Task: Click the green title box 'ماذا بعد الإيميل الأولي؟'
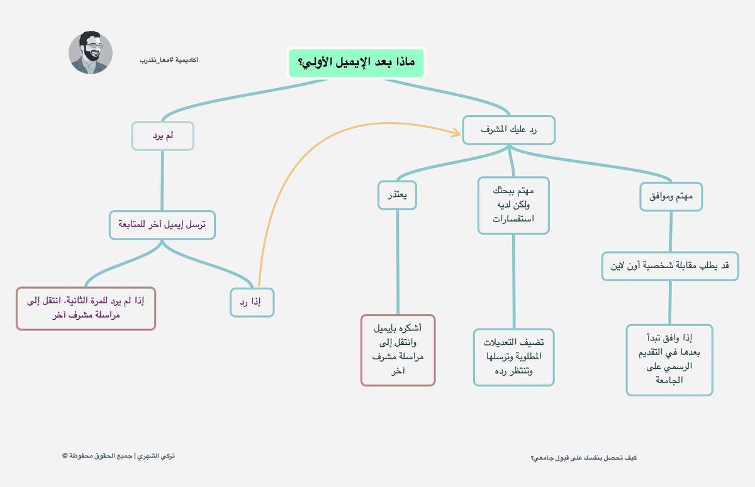(356, 63)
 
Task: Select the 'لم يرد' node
(162, 136)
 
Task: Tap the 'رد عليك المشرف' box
(508, 130)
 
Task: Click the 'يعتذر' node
(398, 194)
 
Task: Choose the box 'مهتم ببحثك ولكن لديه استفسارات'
(513, 204)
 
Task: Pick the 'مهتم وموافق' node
(671, 197)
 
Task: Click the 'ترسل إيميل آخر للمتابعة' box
(162, 225)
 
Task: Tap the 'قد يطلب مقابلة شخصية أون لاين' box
(670, 266)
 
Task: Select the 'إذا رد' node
(252, 303)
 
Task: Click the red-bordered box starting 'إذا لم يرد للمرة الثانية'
(86, 308)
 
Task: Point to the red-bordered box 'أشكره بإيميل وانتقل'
(398, 350)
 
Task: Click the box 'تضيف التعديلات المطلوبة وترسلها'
(513, 356)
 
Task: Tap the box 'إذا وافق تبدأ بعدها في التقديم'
(669, 360)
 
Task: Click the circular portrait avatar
(91, 53)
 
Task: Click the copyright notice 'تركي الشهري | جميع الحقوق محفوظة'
(118, 456)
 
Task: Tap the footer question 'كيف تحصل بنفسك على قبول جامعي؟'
(584, 457)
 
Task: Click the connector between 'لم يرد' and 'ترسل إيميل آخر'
(162, 180)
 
